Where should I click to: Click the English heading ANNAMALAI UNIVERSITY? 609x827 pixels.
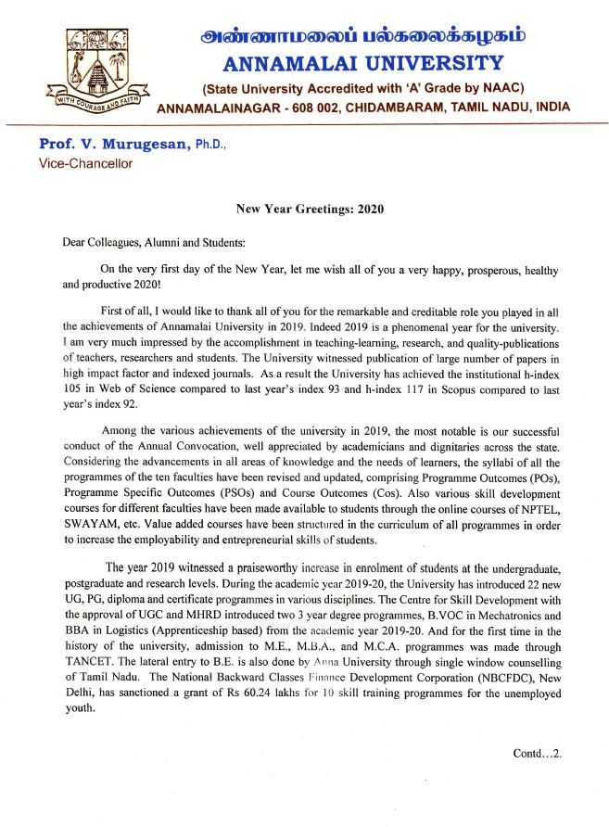click(x=363, y=64)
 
